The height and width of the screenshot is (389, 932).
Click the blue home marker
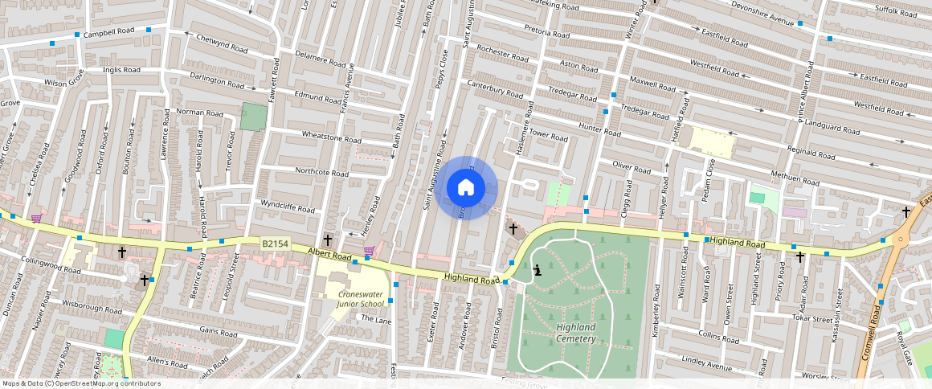coord(465,188)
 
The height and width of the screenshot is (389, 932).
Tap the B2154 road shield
coord(274,242)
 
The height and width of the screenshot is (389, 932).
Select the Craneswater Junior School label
coord(359,298)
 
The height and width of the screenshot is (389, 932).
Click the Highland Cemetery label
coord(575,333)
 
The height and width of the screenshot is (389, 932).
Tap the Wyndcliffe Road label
coord(287,206)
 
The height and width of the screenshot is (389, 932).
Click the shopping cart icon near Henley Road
coord(369,251)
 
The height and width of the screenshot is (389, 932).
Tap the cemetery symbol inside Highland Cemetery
coord(538,270)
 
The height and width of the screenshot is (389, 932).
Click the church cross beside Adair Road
coord(800,257)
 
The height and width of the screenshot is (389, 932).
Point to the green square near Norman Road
coord(253,117)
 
